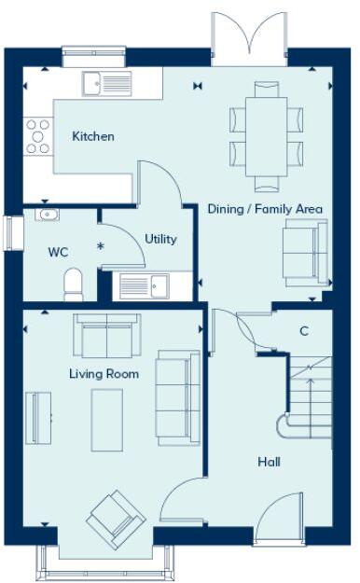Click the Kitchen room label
click(x=93, y=137)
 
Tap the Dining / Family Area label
click(x=265, y=209)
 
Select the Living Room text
click(x=104, y=374)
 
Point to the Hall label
click(x=269, y=462)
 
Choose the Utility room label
click(x=160, y=239)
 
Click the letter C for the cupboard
click(x=304, y=330)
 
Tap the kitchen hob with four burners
click(x=38, y=135)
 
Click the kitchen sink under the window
click(x=108, y=84)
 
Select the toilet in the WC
click(x=74, y=283)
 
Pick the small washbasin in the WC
click(x=47, y=215)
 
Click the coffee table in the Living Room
click(x=107, y=421)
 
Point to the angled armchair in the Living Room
click(x=117, y=519)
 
